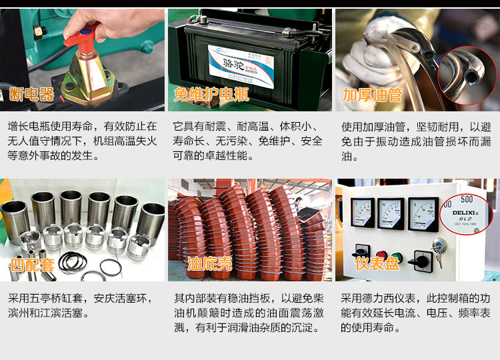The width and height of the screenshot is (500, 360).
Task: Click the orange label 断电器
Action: pyautogui.click(x=31, y=95)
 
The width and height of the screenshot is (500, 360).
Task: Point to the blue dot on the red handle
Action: pyautogui.click(x=85, y=32)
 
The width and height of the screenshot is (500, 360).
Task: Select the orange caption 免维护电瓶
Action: pyautogui.click(x=211, y=95)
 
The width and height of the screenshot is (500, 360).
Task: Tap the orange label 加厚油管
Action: pyautogui.click(x=372, y=95)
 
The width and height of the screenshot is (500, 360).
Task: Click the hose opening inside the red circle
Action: pyautogui.click(x=471, y=77)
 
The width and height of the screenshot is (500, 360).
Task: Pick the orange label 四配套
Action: pyautogui.click(x=32, y=265)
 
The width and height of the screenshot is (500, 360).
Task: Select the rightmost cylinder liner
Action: pyautogui.click(x=151, y=223)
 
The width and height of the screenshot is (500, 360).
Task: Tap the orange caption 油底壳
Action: pyautogui.click(x=209, y=264)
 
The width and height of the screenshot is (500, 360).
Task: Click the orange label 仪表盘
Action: pyautogui.click(x=377, y=263)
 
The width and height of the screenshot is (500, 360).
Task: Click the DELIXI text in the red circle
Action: pyautogui.click(x=463, y=213)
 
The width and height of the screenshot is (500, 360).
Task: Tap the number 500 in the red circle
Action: pyautogui.click(x=467, y=199)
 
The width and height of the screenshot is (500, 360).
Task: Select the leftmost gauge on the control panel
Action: pyautogui.click(x=363, y=213)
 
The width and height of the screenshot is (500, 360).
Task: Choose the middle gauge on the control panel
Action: pyautogui.click(x=391, y=213)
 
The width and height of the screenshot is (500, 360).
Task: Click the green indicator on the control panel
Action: pyautogui.click(x=396, y=257)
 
